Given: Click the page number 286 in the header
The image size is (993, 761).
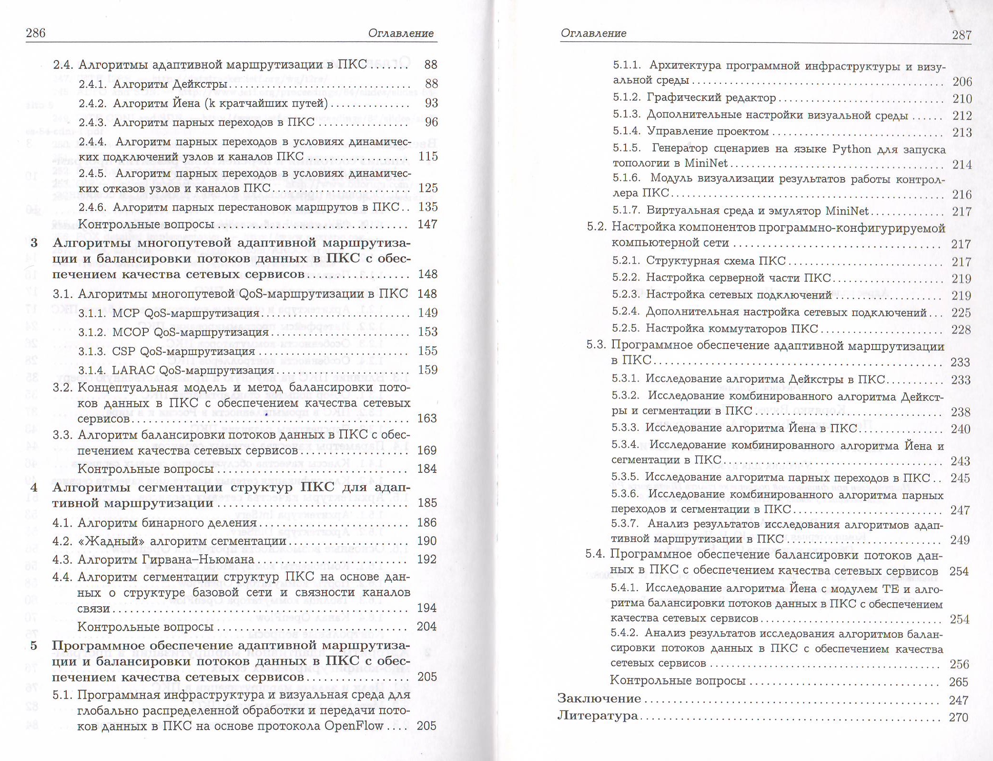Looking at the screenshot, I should coord(35,33).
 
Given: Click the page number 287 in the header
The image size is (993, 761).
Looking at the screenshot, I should coord(961,35).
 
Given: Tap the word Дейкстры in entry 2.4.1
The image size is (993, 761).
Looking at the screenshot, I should coord(199,84).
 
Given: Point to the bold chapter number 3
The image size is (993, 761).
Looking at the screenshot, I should coord(34,243).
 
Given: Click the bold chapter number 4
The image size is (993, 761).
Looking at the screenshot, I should coord(33,487).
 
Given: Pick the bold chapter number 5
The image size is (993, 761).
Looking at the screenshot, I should coord(33,646).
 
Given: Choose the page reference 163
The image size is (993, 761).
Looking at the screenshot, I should coord(427,418).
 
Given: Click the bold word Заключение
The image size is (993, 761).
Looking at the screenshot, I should coord(599,699).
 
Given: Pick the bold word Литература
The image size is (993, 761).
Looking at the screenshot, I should coord(598,716).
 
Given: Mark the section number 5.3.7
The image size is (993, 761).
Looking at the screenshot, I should coord(624,524).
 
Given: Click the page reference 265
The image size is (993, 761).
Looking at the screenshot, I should coord(958,682).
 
